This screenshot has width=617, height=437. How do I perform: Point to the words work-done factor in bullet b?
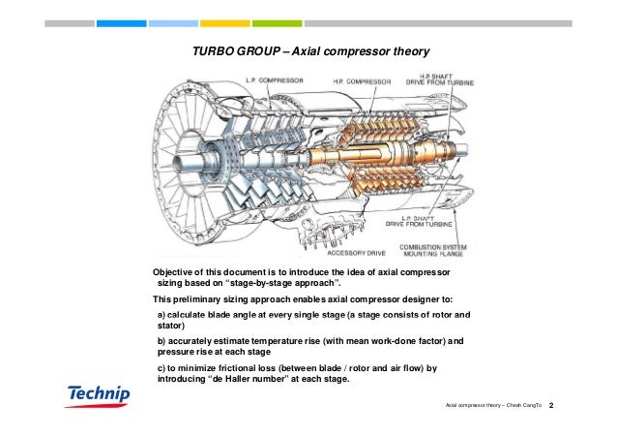396,342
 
